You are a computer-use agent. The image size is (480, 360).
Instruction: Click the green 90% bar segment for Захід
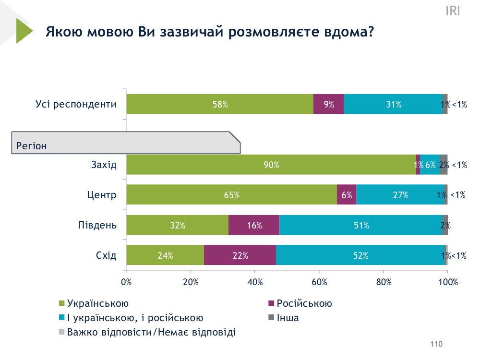click(x=271, y=165)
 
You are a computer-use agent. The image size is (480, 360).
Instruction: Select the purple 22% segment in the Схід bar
click(x=240, y=255)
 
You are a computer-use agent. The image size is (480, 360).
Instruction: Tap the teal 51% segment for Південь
click(x=360, y=225)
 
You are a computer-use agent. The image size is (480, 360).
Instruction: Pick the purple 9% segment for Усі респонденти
click(x=329, y=104)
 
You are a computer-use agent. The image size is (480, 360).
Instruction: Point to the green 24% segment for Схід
click(x=165, y=255)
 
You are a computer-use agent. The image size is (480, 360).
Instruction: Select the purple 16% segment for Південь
click(x=254, y=225)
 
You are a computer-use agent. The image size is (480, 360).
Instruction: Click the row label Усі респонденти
click(x=76, y=104)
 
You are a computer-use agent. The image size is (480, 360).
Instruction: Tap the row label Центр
click(x=102, y=195)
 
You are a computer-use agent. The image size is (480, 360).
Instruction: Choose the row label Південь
click(x=97, y=225)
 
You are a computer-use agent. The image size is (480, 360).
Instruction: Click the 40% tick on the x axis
click(x=255, y=282)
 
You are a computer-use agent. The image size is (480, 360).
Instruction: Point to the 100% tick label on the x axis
click(x=448, y=282)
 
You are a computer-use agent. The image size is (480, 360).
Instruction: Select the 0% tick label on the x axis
click(x=127, y=282)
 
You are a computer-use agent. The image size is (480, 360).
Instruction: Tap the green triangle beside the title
click(x=23, y=31)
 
